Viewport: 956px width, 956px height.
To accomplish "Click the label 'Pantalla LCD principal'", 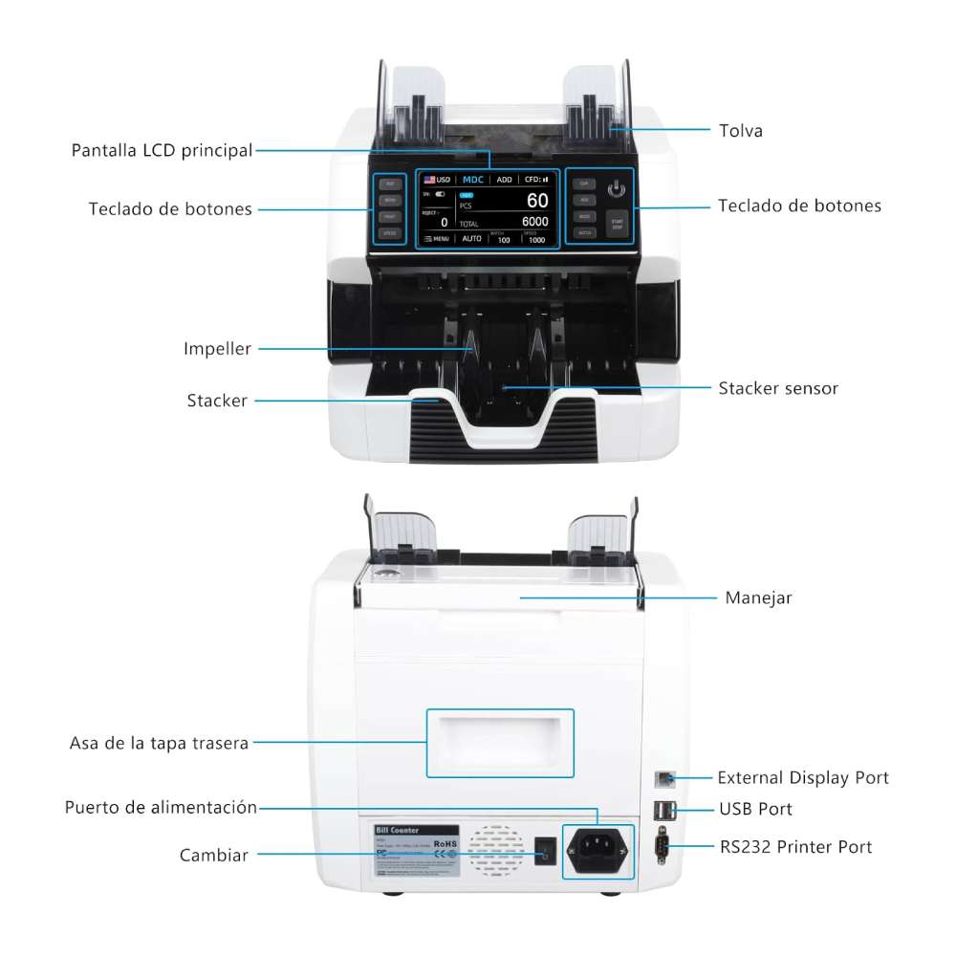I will [x=163, y=150].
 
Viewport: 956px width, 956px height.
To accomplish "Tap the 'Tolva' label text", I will [x=741, y=131].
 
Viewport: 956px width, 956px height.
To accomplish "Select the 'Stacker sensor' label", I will [x=778, y=388].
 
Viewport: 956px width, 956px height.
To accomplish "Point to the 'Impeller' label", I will [x=217, y=349].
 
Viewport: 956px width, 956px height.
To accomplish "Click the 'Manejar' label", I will [x=758, y=598].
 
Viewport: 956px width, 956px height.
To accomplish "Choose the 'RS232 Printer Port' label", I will [x=794, y=847].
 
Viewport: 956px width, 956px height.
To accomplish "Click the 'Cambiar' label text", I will [x=214, y=855].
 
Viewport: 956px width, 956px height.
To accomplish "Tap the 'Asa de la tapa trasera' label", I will [x=160, y=743].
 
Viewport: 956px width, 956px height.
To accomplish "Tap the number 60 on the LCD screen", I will [x=537, y=201].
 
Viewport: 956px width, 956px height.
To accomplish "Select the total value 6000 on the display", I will [x=534, y=222].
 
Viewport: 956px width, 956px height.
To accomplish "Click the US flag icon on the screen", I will [x=430, y=179].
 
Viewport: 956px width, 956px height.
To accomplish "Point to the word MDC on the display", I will [x=473, y=179].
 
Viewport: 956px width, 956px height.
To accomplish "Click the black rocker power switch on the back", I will [x=544, y=850].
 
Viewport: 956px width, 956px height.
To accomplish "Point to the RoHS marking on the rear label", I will [x=445, y=844].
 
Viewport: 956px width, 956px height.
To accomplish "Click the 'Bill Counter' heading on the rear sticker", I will [x=398, y=830].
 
